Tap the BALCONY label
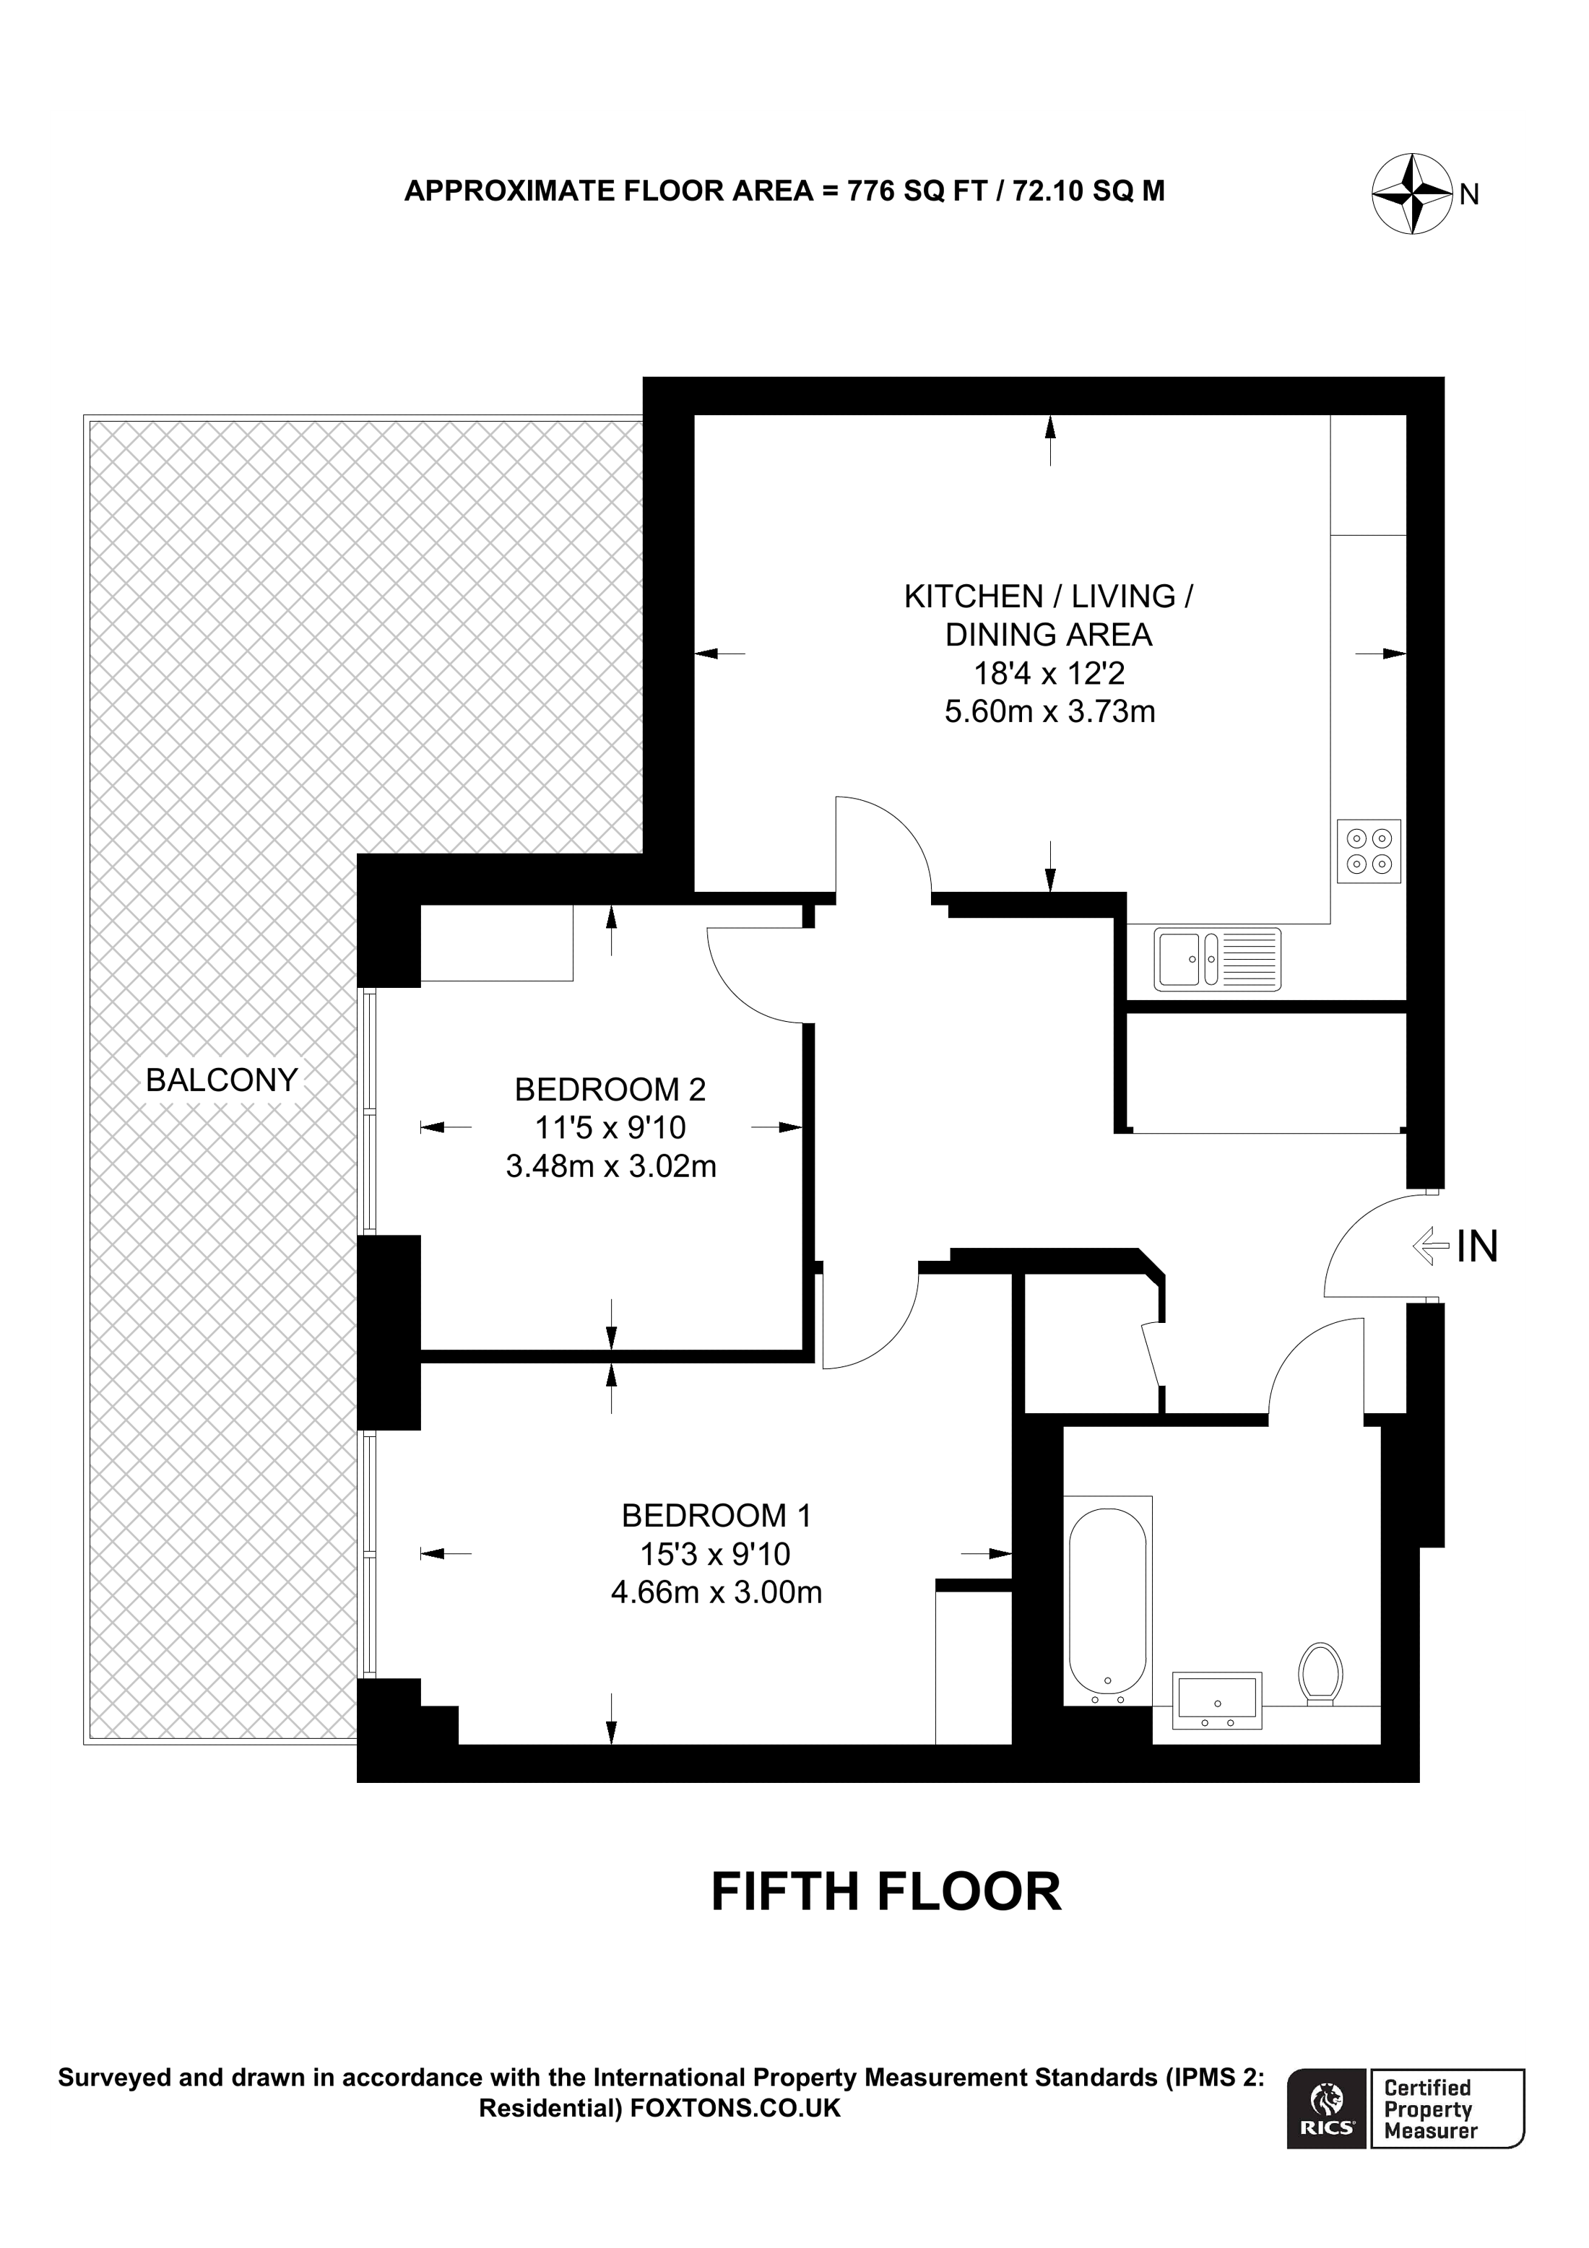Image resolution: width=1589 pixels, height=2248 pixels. click(221, 1080)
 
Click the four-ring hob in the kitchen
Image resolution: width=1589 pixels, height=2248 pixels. click(1369, 851)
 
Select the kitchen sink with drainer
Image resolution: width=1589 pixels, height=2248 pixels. click(1217, 958)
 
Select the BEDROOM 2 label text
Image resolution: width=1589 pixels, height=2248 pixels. click(610, 1089)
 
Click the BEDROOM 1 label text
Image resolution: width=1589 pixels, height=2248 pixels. click(716, 1516)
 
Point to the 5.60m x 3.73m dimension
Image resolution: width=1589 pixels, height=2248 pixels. click(1049, 712)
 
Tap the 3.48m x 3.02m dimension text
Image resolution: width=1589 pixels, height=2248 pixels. click(611, 1167)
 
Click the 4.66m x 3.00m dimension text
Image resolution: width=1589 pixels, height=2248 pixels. click(716, 1593)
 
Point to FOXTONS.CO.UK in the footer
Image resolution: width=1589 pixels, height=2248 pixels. click(735, 2108)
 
